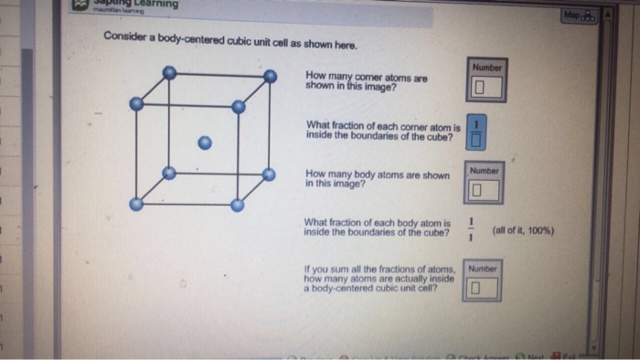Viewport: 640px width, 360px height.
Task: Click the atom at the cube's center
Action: point(206,143)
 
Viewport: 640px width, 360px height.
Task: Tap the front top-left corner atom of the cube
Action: point(136,104)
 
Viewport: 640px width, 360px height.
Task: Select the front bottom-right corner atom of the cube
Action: point(237,206)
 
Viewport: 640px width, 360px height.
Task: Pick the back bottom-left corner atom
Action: point(168,173)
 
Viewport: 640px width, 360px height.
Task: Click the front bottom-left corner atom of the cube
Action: point(136,205)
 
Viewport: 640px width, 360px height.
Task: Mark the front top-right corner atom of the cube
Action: point(239,107)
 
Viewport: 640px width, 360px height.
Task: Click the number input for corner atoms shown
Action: point(485,89)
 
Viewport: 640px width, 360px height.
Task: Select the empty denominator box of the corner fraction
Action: point(476,139)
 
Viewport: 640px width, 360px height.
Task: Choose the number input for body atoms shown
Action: point(483,191)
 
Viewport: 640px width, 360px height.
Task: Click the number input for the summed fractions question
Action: point(482,289)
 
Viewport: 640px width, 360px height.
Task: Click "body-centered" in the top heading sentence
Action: point(193,45)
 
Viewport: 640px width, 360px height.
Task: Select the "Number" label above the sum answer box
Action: point(482,270)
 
